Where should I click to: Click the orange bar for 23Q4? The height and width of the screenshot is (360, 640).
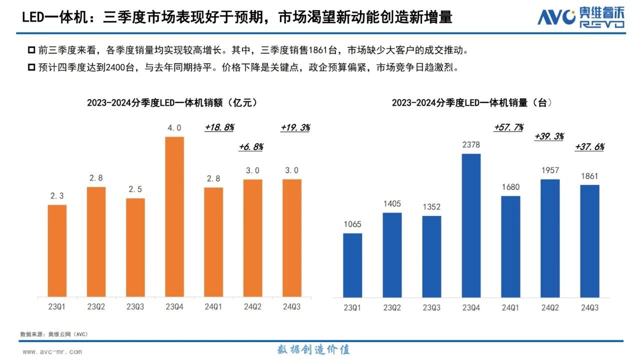[174, 216]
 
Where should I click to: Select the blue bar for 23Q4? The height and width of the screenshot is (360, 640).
[471, 225]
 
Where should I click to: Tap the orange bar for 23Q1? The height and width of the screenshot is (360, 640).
[57, 250]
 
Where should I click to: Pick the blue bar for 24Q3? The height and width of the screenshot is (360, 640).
[590, 241]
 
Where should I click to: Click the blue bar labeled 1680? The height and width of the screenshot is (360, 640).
[510, 247]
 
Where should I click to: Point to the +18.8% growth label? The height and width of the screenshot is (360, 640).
[219, 127]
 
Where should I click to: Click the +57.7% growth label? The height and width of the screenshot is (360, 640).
[508, 127]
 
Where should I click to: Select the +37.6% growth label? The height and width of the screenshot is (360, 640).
[589, 147]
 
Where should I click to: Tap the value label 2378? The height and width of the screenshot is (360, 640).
[471, 145]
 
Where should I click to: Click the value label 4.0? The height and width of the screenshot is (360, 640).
[174, 128]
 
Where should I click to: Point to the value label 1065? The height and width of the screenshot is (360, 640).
[352, 224]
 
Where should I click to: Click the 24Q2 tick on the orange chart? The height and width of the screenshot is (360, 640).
[253, 307]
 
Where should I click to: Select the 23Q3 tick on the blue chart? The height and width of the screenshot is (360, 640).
[431, 308]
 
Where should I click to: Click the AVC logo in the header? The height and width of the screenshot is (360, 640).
[580, 17]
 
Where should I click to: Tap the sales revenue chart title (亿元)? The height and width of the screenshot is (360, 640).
[172, 102]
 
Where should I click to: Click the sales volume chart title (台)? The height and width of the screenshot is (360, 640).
[471, 102]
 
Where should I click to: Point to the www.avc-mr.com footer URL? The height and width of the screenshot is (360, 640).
[52, 351]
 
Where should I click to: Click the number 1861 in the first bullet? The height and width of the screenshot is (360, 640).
[319, 50]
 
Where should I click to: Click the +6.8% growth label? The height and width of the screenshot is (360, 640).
[251, 147]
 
